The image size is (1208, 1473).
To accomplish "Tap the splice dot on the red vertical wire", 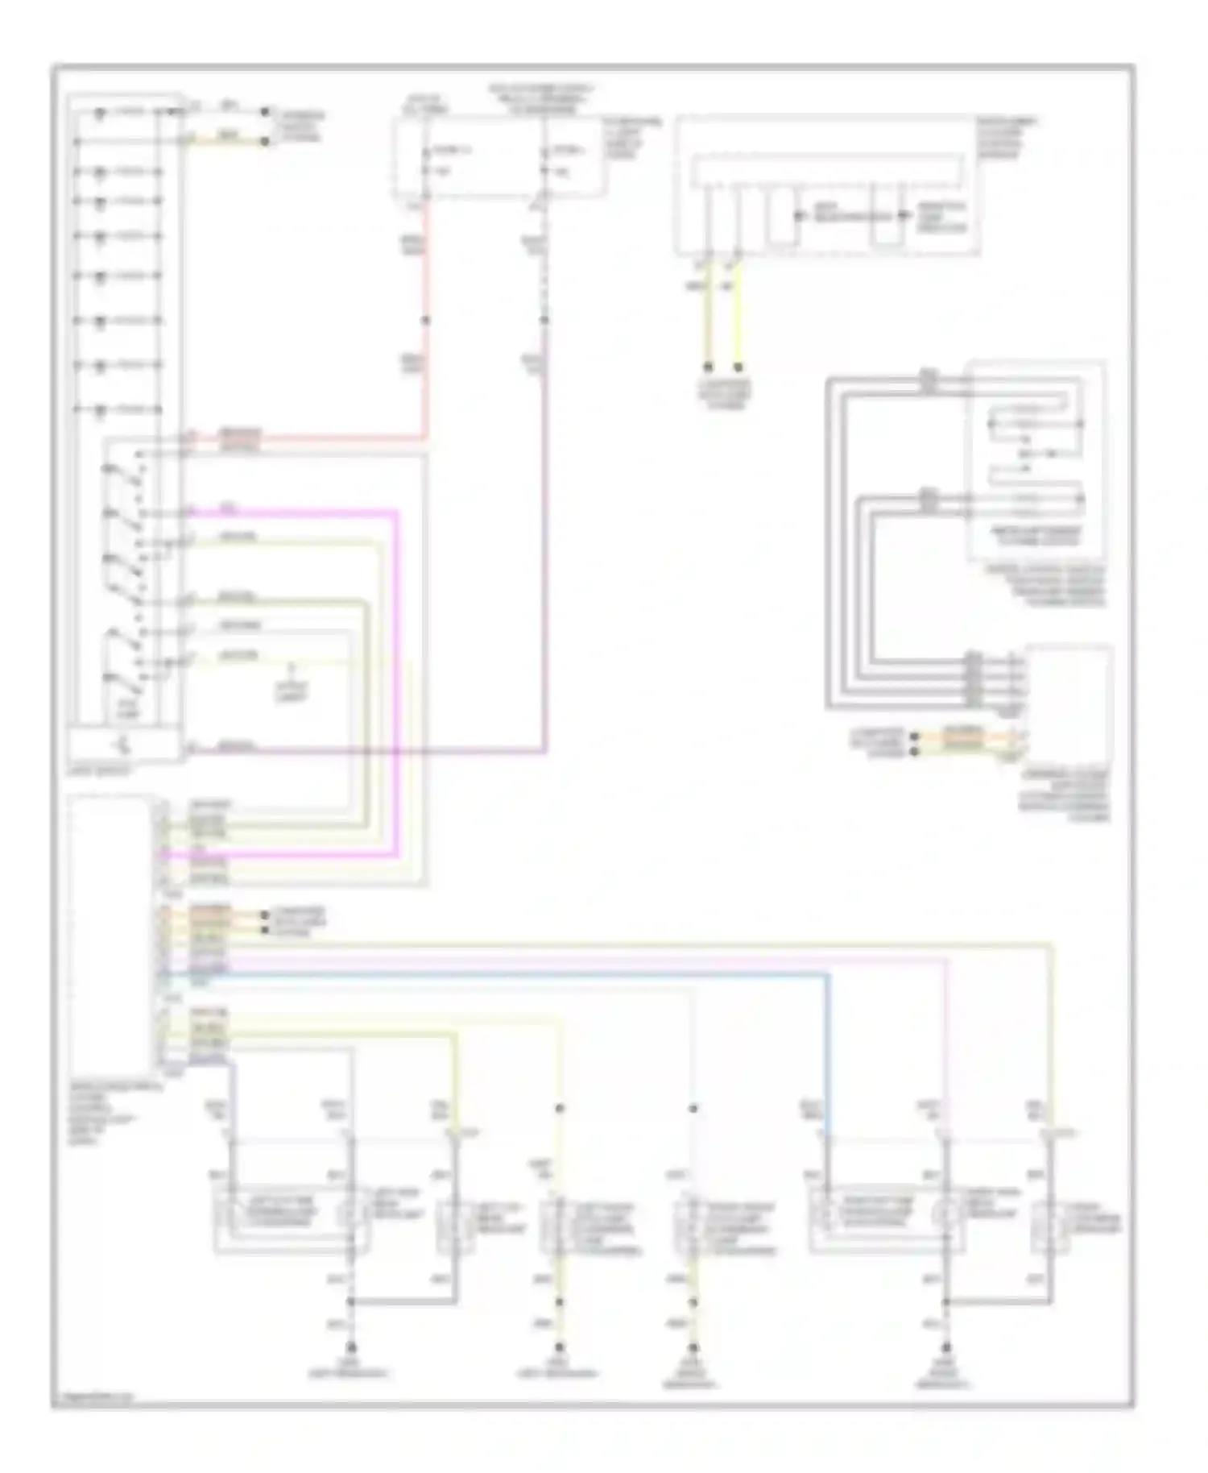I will click(x=425, y=321).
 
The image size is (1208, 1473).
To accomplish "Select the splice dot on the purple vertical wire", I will click(x=544, y=321).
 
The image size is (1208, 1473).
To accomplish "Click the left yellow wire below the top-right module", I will click(x=708, y=322).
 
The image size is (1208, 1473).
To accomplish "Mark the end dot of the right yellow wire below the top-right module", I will click(x=738, y=367).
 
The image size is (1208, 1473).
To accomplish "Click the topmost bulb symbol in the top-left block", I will click(x=99, y=112).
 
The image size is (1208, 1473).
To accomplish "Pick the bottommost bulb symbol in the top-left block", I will click(x=99, y=410).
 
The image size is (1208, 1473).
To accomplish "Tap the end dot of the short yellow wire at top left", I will click(x=264, y=142).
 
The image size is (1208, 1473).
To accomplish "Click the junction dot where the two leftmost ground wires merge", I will click(x=350, y=1301).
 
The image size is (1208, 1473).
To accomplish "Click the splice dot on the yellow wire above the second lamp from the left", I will click(x=560, y=1109).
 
